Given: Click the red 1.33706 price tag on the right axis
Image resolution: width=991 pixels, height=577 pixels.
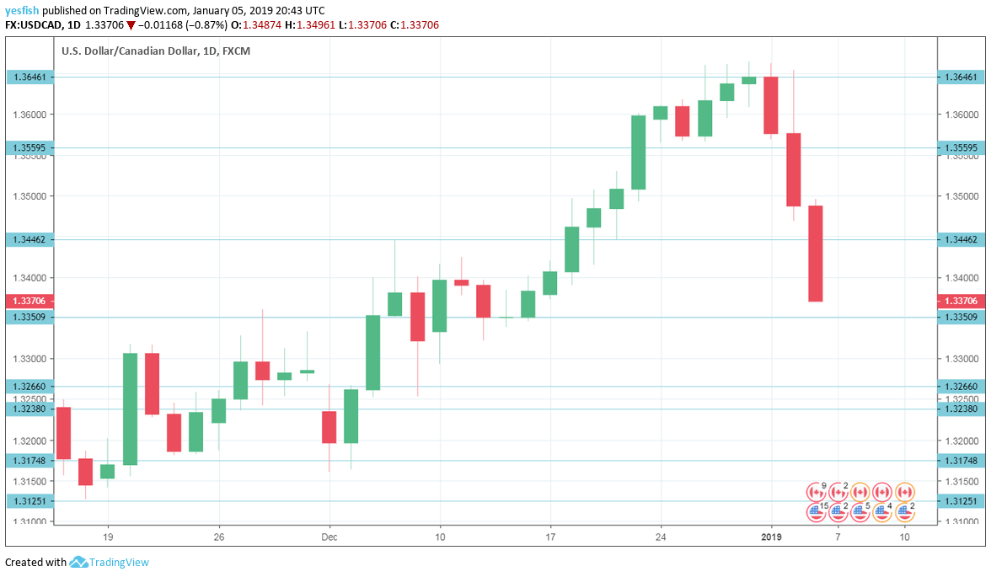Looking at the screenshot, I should click(x=962, y=301).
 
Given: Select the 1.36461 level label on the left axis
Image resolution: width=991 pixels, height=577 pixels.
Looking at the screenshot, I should click(x=30, y=77).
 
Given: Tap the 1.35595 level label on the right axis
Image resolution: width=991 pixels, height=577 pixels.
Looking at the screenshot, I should click(x=962, y=147).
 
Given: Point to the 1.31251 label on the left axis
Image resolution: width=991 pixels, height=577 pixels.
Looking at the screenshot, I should click(x=30, y=500).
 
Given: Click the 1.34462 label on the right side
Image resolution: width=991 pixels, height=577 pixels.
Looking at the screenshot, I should click(x=962, y=239).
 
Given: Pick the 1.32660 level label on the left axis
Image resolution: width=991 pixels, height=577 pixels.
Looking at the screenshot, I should click(x=30, y=387).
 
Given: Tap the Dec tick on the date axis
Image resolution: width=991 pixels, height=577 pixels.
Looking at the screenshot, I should click(x=329, y=537).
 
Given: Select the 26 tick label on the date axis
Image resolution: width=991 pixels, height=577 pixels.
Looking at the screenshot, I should click(x=218, y=537).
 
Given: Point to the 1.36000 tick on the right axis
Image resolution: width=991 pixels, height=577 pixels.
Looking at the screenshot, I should click(x=962, y=115).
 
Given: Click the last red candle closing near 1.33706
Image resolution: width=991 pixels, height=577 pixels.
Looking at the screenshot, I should click(x=815, y=254).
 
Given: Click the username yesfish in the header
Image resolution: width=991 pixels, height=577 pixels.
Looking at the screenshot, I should click(x=22, y=11).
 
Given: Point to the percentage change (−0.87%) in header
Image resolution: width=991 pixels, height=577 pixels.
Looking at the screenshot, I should click(x=202, y=25).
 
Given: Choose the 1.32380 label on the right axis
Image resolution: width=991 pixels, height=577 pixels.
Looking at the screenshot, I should click(x=962, y=409).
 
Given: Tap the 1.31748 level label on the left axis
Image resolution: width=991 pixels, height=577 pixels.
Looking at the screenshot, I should click(x=30, y=460).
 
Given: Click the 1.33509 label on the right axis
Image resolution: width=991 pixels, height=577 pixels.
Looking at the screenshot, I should click(x=962, y=317).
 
